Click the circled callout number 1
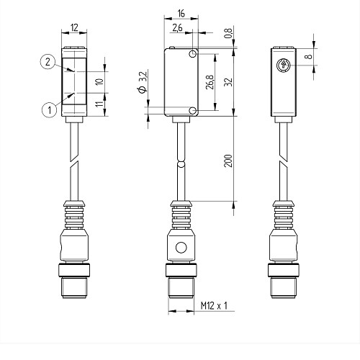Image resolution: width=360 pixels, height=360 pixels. click(x=50, y=110)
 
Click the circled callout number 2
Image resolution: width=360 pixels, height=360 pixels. click(x=48, y=62)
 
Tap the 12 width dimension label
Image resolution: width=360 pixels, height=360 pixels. click(x=74, y=28)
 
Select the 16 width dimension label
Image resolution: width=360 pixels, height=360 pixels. click(x=181, y=14)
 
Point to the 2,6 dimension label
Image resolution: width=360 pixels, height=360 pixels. click(x=178, y=28)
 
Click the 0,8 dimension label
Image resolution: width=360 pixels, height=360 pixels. click(x=228, y=33)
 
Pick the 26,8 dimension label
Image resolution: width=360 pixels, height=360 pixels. click(x=210, y=82)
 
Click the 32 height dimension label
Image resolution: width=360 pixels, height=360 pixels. click(x=228, y=82)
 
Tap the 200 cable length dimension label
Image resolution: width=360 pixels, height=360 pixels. click(x=228, y=161)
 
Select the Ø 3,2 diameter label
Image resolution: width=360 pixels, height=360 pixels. click(x=143, y=82)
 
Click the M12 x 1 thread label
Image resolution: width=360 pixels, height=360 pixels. click(x=214, y=306)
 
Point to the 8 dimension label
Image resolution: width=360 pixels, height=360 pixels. click(x=309, y=57)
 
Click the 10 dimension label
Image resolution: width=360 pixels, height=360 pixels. click(x=99, y=81)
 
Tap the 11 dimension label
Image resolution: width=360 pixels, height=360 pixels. click(x=99, y=104)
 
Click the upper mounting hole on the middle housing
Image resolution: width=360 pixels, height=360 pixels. click(x=192, y=54)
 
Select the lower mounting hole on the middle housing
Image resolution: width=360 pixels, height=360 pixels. click(x=192, y=111)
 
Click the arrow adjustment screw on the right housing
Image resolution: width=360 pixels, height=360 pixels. click(x=283, y=65)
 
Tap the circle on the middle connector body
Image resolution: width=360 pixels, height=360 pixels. click(x=181, y=248)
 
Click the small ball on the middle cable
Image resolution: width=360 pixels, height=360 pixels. click(x=181, y=164)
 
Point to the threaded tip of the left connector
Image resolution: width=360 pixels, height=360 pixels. click(x=74, y=288)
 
